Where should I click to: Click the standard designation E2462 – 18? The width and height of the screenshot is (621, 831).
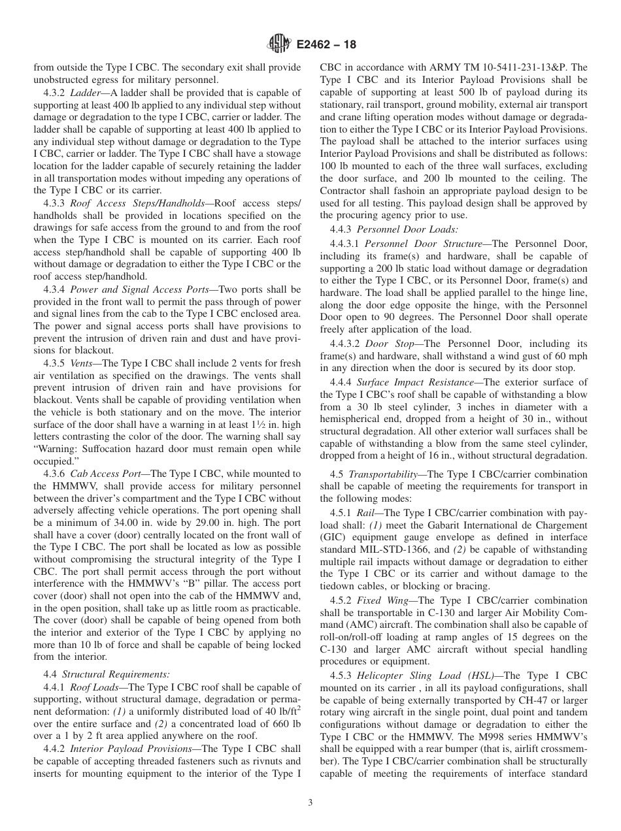pos(326,45)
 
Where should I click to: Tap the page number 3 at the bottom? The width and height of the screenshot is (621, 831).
pos(310,802)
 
